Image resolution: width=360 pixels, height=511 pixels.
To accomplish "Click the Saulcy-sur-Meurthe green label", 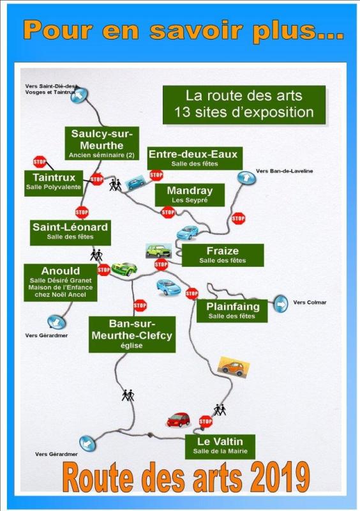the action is [x=101, y=143].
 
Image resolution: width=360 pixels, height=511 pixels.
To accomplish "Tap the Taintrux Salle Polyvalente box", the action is [x=54, y=183].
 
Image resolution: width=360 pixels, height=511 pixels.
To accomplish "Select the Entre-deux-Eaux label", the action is [x=195, y=158].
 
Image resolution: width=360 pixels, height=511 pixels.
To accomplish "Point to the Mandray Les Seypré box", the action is [x=190, y=195].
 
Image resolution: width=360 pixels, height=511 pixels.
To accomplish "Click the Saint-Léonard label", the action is [x=70, y=233].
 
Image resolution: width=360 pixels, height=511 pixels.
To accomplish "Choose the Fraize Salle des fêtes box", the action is [x=223, y=255].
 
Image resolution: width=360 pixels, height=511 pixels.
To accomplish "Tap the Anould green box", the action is [x=61, y=282].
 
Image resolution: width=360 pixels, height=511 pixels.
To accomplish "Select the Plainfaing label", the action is [x=232, y=311].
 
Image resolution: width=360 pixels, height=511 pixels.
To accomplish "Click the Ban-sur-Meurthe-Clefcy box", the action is [x=132, y=334].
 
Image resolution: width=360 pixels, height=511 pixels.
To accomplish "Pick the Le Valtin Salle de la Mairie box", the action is [x=220, y=446].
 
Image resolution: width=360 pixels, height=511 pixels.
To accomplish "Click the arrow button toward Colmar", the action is [x=280, y=304].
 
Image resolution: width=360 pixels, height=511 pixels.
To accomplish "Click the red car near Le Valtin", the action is [x=178, y=420].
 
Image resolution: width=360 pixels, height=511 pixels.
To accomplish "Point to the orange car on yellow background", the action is [x=234, y=367].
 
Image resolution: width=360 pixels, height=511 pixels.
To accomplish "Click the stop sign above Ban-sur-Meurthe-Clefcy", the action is [x=140, y=305].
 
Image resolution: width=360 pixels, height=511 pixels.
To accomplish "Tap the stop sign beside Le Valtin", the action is [x=206, y=422].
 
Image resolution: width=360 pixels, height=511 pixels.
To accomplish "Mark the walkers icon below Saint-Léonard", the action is [x=96, y=255].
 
